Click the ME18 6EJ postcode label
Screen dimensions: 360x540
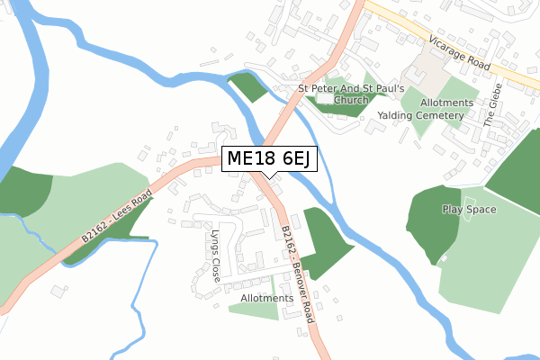(x=269, y=158)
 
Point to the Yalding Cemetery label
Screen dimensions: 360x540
(x=420, y=116)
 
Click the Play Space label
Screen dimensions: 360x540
(x=469, y=210)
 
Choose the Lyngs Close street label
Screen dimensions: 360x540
(x=215, y=256)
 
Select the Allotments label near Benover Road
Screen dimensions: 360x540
(x=266, y=298)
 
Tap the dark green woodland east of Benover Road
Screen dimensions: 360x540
(x=323, y=238)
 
